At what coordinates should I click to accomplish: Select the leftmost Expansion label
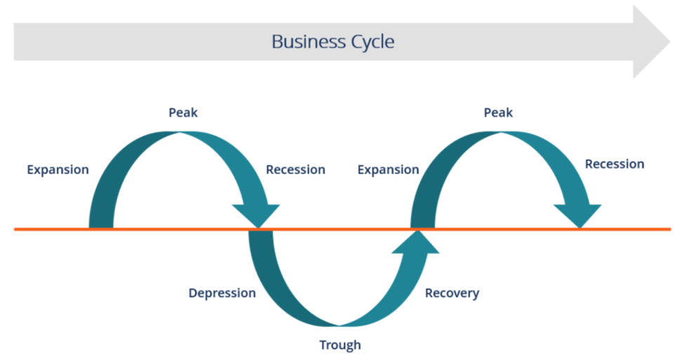(x=58, y=169)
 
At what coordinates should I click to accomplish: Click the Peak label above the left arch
(x=183, y=112)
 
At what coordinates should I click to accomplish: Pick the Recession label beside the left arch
(x=296, y=169)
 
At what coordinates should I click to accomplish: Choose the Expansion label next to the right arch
(x=388, y=169)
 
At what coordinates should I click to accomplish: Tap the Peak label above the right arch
(x=498, y=112)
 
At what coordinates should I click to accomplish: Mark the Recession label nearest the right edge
(x=615, y=164)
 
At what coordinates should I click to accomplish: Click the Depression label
(x=222, y=293)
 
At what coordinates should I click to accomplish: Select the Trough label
(x=340, y=345)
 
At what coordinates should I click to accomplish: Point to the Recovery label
(x=452, y=293)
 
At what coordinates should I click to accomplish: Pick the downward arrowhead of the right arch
(x=578, y=215)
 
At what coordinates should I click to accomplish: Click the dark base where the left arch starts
(x=101, y=222)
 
